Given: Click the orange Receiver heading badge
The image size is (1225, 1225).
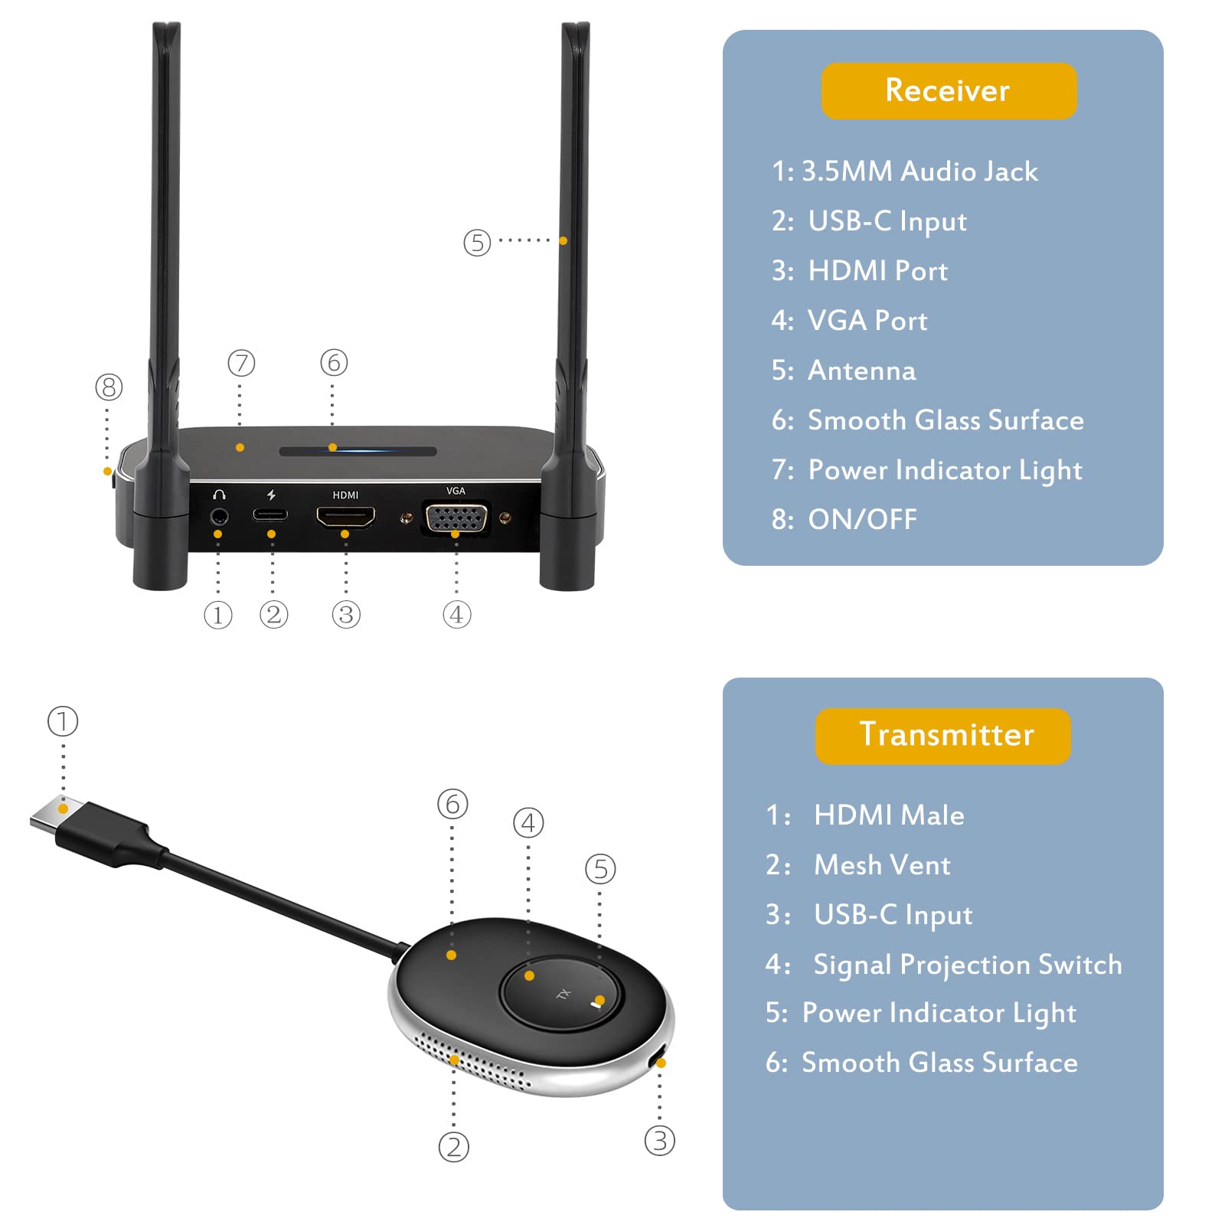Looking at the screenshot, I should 948,90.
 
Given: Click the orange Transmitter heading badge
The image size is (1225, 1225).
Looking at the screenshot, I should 943,735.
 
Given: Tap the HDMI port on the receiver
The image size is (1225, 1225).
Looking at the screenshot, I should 345,518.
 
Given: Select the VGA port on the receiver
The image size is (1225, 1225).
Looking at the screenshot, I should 456,518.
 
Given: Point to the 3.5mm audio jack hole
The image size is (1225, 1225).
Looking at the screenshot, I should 219,517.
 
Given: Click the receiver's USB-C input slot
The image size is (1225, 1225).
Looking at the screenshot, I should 270,514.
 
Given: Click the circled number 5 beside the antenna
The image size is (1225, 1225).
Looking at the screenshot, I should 477,243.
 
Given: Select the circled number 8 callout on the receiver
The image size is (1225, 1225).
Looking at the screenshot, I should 109,387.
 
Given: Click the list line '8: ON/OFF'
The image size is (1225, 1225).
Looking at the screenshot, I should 844,520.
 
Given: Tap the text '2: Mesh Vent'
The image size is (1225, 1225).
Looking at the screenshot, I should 857,865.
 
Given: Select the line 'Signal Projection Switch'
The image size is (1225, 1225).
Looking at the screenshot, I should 966,965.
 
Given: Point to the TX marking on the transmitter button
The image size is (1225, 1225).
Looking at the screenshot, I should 563,994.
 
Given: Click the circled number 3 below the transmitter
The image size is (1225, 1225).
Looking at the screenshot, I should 659,1141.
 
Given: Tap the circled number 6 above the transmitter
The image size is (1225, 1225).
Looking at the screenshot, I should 452,804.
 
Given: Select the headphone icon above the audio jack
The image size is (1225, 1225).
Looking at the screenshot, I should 219,495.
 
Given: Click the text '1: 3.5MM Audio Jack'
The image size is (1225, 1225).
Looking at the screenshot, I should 904,171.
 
